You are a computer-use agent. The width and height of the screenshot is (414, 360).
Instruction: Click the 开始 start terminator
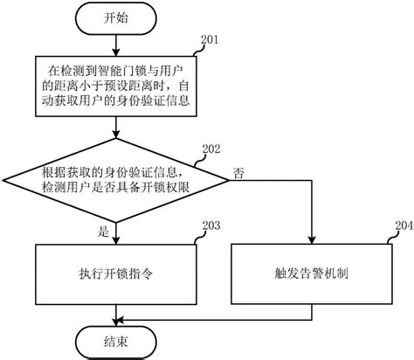click(x=116, y=18)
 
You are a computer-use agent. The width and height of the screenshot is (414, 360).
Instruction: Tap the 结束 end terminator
click(x=116, y=342)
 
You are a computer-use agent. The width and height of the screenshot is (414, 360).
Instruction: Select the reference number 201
click(x=210, y=40)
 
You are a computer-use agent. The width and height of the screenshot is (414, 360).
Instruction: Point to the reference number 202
click(x=211, y=149)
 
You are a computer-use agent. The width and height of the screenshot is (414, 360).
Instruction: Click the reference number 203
click(x=211, y=225)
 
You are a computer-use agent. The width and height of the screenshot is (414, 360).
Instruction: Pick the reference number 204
click(x=404, y=225)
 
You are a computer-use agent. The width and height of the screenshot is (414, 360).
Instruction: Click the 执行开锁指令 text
click(x=116, y=274)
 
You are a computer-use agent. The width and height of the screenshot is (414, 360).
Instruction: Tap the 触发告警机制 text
click(x=311, y=273)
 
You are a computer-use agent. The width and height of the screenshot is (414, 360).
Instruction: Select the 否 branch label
click(x=238, y=174)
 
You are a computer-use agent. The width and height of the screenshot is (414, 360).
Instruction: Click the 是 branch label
click(x=103, y=232)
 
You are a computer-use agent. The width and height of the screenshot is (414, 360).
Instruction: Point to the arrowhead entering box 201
click(x=116, y=52)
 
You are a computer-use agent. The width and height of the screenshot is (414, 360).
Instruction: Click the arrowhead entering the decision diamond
click(x=116, y=134)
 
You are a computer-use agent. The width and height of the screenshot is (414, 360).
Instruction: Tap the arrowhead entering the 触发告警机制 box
click(x=312, y=239)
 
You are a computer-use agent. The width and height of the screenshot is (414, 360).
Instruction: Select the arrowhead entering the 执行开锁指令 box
click(x=116, y=239)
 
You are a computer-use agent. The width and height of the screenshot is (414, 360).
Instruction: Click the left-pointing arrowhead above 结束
click(x=120, y=320)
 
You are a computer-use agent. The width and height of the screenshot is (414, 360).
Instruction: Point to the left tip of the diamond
click(x=3, y=181)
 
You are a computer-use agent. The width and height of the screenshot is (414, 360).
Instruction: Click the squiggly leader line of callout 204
click(x=391, y=238)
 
